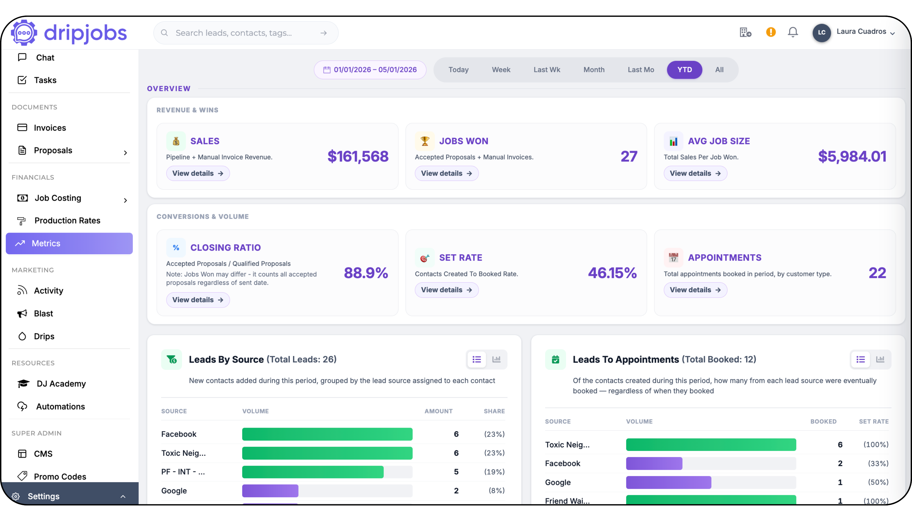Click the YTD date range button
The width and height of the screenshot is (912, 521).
[684, 70]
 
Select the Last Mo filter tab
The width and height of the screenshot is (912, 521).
[641, 70]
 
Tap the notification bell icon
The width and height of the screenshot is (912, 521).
[792, 32]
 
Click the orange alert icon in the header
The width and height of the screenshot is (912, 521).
[771, 32]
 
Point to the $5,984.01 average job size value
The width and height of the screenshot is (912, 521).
[852, 156]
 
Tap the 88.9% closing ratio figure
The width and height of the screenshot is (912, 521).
[366, 273]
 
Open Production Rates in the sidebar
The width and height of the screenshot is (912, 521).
[67, 220]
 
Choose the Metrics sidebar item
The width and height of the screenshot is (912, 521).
[69, 243]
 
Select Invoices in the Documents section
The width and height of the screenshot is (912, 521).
[50, 128]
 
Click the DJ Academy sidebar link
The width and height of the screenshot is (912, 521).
[61, 383]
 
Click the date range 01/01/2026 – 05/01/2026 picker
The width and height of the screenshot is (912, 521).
[370, 70]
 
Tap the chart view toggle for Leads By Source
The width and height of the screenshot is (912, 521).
[496, 359]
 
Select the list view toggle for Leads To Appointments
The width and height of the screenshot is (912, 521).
[861, 359]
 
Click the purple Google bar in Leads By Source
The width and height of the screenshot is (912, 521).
[270, 491]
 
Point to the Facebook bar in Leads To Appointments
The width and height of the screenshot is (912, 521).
[654, 463]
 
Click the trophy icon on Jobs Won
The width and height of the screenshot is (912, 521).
[424, 141]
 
